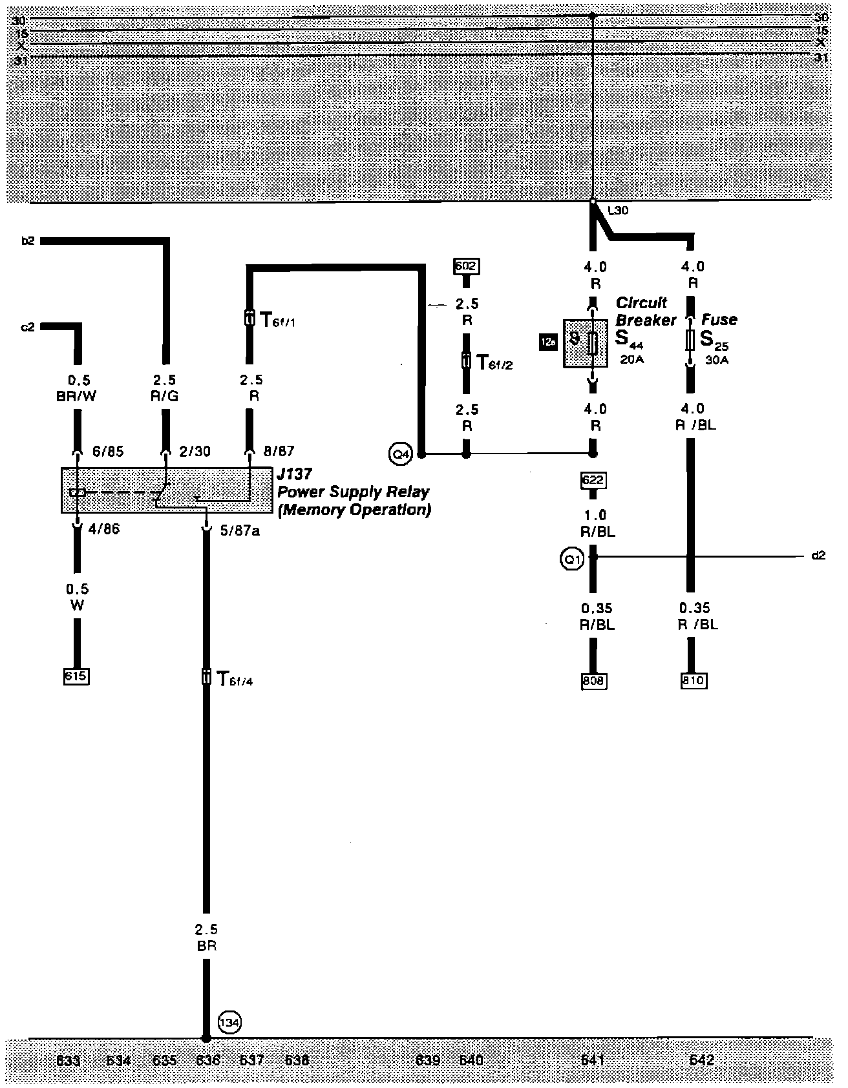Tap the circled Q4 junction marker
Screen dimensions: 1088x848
pos(401,454)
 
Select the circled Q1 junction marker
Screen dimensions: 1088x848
pos(572,560)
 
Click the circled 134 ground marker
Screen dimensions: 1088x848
pos(229,1023)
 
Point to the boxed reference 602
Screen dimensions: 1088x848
pos(467,266)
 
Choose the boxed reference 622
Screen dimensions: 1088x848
pos(594,480)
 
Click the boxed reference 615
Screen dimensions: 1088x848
pos(76,676)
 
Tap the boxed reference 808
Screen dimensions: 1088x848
pos(593,681)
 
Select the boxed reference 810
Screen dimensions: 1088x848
pos(694,681)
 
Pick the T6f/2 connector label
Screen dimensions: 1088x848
pos(494,362)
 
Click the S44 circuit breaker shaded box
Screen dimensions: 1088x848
pos(585,343)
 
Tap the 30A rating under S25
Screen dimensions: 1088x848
pos(716,361)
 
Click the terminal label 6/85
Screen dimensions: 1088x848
pos(108,452)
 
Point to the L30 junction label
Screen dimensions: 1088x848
pos(618,211)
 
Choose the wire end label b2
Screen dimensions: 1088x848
pos(27,242)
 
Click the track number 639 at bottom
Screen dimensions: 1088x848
pos(428,1060)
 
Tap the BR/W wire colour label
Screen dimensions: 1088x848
pos(76,396)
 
